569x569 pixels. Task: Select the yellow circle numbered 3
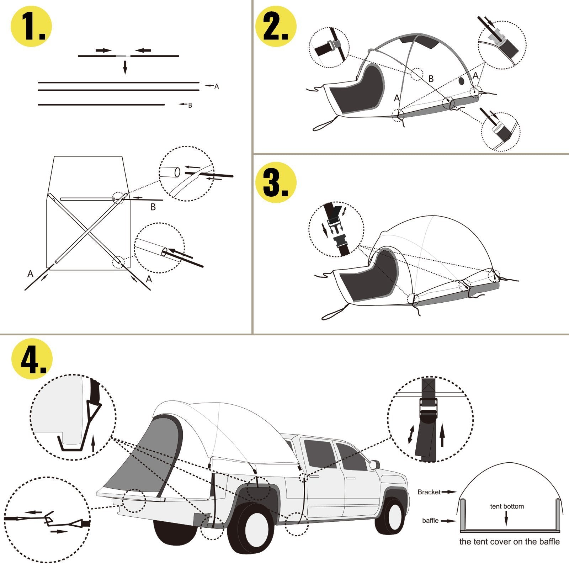point(276,182)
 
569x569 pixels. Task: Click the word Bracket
point(429,492)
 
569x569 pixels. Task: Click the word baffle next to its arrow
point(430,520)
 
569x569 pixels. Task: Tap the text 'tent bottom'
point(507,506)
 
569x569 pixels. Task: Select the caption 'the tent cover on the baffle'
point(509,542)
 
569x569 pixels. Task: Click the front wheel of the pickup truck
point(390,515)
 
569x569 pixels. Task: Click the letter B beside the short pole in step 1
point(190,105)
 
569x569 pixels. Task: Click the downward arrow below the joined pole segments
point(125,67)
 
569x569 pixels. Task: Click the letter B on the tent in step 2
point(431,79)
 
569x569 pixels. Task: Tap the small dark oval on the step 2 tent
point(462,81)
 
